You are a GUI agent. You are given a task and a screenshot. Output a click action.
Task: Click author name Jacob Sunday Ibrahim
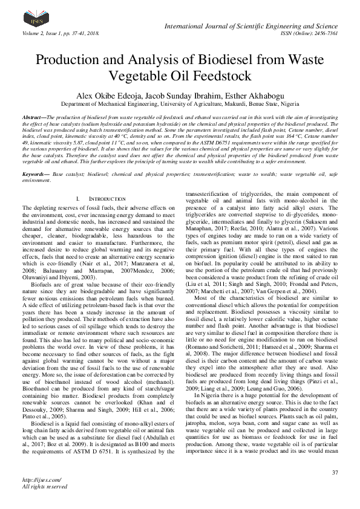click(178, 96)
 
